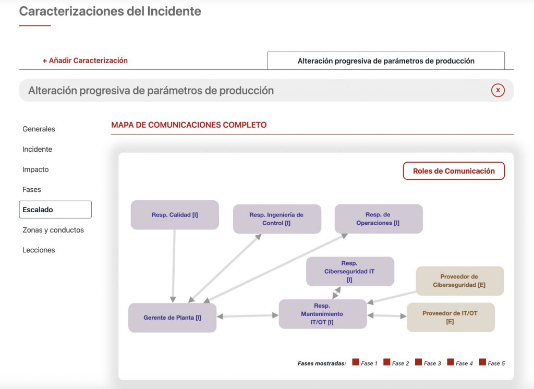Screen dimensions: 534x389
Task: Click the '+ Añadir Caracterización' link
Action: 85,60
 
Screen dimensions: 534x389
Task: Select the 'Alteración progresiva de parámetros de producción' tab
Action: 386,60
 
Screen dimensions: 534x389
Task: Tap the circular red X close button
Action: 498,90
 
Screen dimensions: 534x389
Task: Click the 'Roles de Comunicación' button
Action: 454,171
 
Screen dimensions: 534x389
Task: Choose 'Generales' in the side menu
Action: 39,129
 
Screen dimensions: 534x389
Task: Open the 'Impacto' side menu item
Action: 35,169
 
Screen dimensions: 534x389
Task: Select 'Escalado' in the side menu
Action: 55,210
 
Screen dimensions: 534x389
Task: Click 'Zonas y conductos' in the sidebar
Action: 53,230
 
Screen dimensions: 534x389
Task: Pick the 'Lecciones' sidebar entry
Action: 39,250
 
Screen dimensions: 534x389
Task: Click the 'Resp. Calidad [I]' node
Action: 175,215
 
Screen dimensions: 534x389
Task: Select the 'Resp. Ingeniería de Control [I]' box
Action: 277,219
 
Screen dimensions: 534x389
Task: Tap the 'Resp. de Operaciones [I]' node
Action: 379,218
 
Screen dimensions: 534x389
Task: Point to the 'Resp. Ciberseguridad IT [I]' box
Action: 350,272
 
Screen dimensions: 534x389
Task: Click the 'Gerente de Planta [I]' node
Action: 172,318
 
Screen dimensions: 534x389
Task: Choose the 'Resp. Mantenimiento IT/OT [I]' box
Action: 322,314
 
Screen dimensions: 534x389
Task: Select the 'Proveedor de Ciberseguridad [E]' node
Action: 460,281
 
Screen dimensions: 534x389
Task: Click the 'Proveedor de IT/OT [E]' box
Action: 451,318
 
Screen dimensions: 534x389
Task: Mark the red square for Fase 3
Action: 419,362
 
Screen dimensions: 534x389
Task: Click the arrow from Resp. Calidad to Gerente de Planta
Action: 174,266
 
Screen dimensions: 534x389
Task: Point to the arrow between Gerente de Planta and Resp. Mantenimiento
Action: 248,316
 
